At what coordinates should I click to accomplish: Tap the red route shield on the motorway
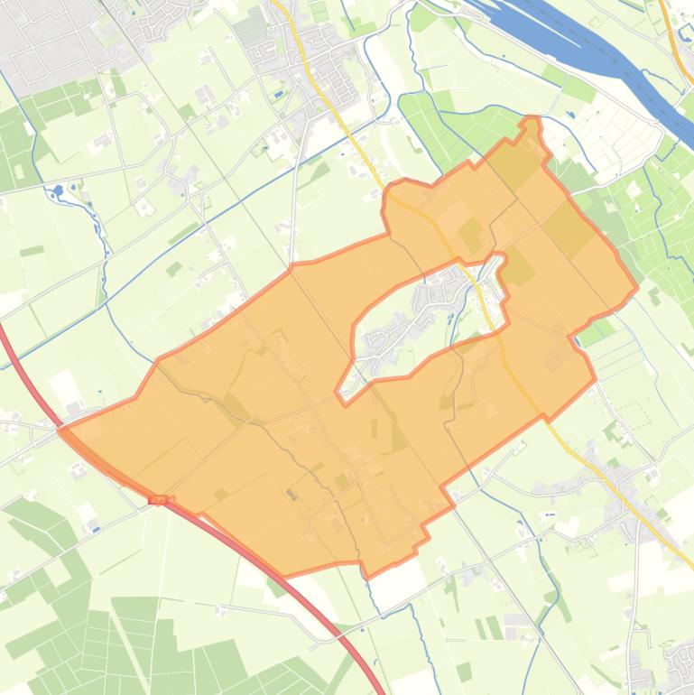click(161, 499)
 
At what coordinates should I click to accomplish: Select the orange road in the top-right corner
click(672, 36)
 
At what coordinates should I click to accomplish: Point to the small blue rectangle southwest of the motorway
click(93, 525)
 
